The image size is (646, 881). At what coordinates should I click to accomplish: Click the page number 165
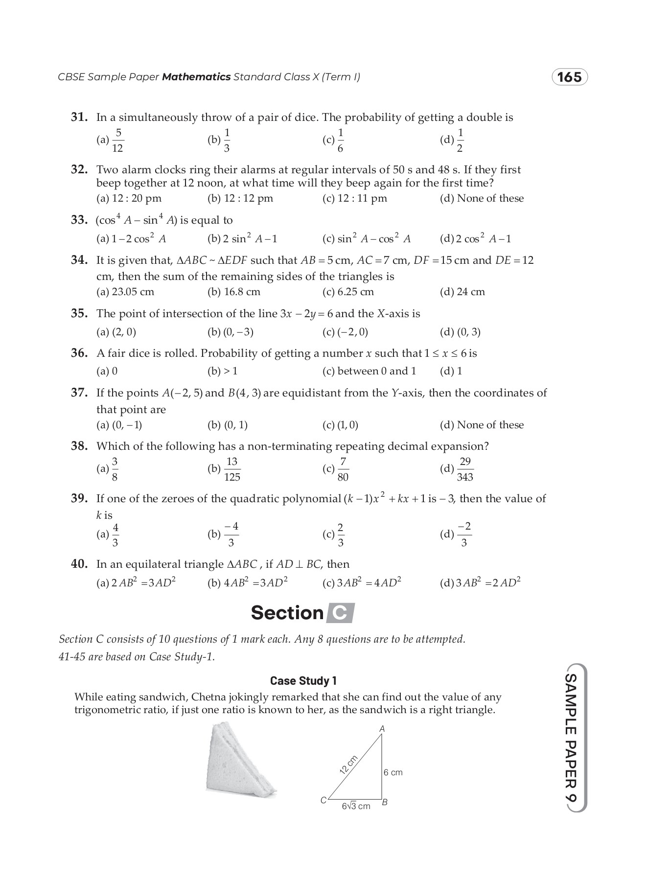click(569, 77)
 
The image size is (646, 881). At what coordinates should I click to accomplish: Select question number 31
click(79, 117)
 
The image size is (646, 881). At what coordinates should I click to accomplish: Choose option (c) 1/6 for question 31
click(334, 140)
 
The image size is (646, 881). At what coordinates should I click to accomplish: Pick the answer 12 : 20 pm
click(129, 198)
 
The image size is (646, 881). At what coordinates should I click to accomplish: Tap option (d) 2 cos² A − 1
click(475, 239)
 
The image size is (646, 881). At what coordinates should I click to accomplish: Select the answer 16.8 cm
click(234, 292)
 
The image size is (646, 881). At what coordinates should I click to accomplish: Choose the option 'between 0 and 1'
click(369, 371)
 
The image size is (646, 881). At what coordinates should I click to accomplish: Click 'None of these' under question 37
click(482, 425)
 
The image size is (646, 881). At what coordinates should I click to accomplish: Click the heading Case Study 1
click(303, 681)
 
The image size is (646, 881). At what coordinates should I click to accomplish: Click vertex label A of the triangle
click(382, 729)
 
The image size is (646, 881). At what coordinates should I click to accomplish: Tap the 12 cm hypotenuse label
click(348, 765)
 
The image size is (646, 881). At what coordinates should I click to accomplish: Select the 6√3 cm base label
click(356, 806)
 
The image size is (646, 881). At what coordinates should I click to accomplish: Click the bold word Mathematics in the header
click(196, 77)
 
